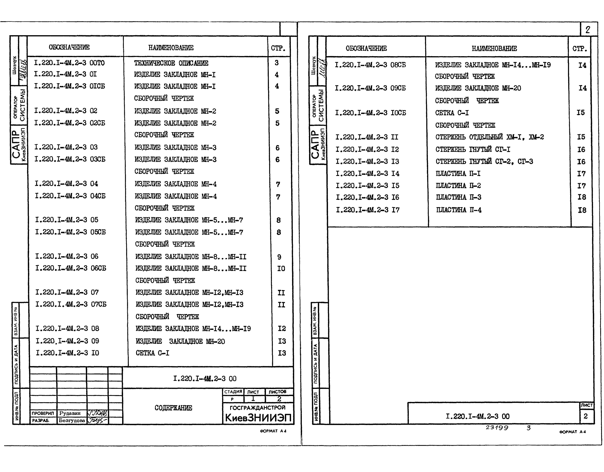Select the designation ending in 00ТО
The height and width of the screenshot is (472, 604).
(x=69, y=63)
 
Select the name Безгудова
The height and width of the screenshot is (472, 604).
(x=72, y=420)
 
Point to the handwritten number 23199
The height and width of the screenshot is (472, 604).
(x=497, y=427)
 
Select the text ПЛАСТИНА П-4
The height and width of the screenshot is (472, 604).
(x=459, y=210)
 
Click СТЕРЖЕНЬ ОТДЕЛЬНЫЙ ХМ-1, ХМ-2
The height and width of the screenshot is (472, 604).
(x=489, y=137)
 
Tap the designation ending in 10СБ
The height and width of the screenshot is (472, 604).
(x=370, y=113)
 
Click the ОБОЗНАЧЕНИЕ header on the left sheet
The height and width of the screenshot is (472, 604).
(x=69, y=47)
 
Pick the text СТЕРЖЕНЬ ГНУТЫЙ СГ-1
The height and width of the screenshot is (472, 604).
(x=473, y=150)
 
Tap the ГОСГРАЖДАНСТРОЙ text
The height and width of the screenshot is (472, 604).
(x=257, y=407)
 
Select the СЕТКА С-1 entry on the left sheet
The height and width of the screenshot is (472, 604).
(x=152, y=353)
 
